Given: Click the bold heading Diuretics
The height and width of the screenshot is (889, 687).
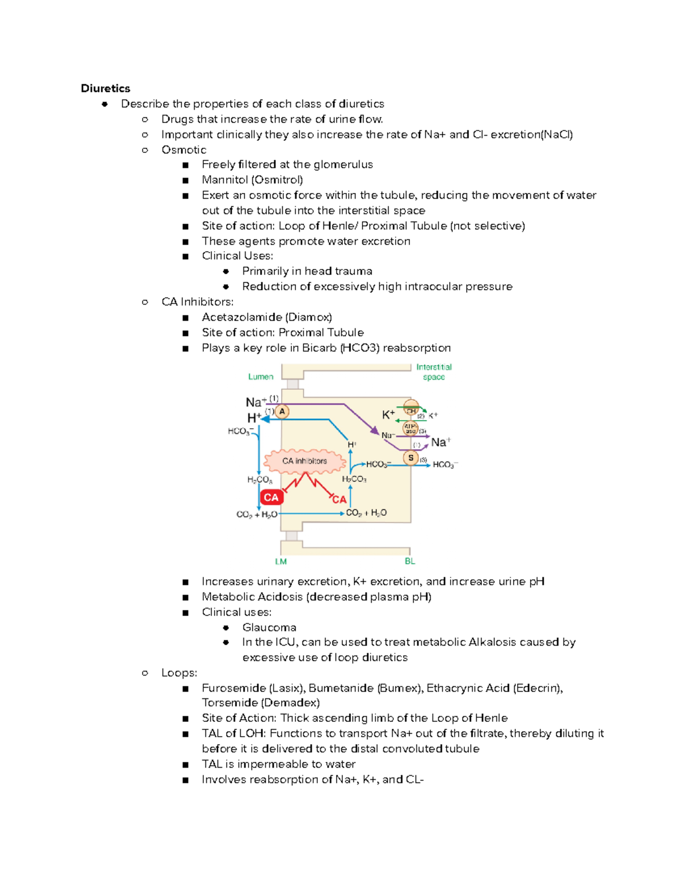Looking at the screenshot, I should click(x=105, y=88).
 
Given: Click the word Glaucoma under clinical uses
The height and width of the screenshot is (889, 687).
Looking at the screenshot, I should click(x=269, y=627).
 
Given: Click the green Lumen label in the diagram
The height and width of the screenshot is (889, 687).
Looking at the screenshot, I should click(x=260, y=377).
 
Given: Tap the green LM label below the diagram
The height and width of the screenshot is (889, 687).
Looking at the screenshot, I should click(x=281, y=562).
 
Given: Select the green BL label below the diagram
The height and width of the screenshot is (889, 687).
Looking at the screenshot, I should click(x=410, y=561).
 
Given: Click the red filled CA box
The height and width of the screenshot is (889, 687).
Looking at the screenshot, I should click(x=271, y=497).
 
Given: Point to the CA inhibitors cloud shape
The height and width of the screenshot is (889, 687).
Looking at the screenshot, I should click(x=305, y=461).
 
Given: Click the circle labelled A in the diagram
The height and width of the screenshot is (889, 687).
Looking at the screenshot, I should click(x=282, y=411).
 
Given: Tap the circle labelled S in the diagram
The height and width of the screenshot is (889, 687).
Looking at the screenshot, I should click(x=410, y=458).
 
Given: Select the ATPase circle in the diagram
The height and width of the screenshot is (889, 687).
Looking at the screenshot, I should click(x=410, y=428).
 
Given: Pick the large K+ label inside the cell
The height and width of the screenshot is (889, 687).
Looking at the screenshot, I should click(x=388, y=414).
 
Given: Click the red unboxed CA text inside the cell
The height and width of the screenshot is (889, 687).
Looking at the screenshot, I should click(x=339, y=500).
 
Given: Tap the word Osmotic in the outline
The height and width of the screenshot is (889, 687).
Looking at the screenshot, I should click(x=184, y=150).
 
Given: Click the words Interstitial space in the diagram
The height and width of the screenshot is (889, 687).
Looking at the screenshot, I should click(x=434, y=372).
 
